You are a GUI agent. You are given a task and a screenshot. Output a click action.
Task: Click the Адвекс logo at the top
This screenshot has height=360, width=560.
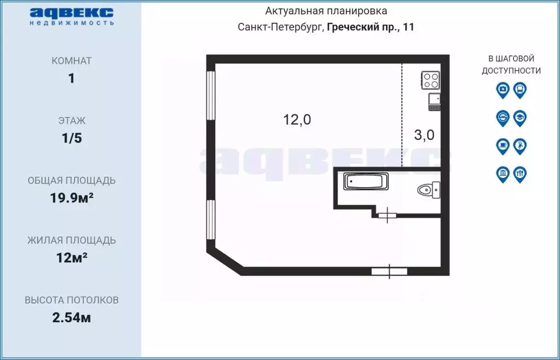point(71,15)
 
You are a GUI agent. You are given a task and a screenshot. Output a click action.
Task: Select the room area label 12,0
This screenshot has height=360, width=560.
point(297,120)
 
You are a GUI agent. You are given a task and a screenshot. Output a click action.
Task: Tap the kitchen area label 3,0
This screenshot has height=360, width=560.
point(424,135)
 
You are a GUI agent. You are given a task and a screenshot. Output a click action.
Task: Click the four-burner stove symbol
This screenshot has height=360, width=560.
point(430,81)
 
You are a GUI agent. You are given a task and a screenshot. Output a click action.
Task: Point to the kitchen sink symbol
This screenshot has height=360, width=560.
point(434,101)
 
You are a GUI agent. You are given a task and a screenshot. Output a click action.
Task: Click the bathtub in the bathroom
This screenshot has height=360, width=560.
point(366,181)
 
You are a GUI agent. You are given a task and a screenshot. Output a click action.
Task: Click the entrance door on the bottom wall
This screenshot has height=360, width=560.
point(389,271)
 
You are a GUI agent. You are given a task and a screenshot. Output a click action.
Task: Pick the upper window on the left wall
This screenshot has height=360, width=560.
point(210,96)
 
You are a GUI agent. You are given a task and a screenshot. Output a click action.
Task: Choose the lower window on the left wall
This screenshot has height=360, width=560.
point(210,219)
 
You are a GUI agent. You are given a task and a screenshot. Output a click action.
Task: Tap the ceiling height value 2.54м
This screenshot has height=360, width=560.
point(71,317)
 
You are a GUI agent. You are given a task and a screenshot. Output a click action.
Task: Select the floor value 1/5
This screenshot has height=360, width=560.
point(71,138)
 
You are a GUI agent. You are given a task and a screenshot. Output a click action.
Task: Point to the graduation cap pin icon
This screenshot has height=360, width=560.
point(520,118)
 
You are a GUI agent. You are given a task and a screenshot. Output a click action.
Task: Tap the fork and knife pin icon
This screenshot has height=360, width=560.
point(520,175)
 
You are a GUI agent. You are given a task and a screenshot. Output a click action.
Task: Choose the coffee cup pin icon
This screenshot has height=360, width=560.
point(503,146)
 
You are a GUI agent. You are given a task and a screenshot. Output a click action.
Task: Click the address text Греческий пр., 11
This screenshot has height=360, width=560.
point(371,27)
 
